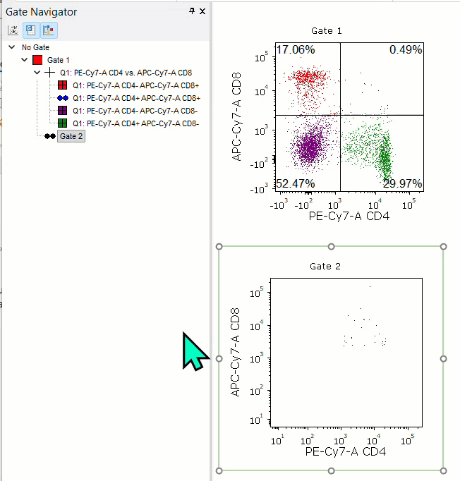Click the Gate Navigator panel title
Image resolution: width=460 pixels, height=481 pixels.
click(42, 11)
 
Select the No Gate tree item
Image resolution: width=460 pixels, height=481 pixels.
click(35, 47)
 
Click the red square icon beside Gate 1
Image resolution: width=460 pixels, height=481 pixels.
click(37, 60)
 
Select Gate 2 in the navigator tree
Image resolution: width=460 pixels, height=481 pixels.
click(71, 136)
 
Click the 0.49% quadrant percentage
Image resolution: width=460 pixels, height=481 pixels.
click(406, 49)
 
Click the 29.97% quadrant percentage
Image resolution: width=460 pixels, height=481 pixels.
click(403, 184)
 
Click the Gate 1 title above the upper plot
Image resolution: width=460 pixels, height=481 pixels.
click(327, 31)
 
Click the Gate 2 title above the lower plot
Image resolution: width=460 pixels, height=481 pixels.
click(326, 266)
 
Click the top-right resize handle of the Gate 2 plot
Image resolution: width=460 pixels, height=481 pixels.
click(443, 247)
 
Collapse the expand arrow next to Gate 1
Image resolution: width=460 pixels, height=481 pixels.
click(25, 60)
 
